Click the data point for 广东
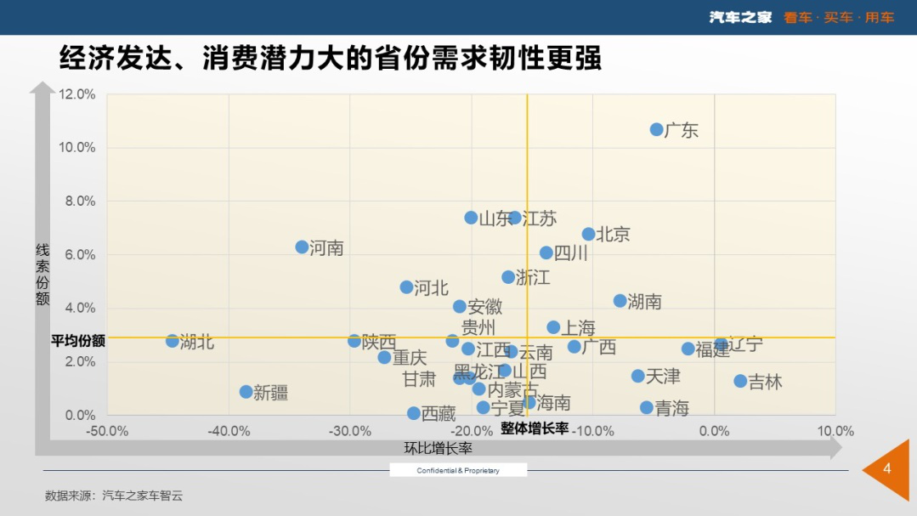tap(657, 129)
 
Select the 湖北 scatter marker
tap(173, 341)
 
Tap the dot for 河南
tap(302, 247)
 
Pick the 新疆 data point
tap(246, 392)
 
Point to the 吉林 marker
tap(740, 381)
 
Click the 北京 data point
tap(588, 234)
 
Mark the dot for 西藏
tap(414, 413)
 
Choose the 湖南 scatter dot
tap(620, 301)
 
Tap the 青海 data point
tap(647, 408)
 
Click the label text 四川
tap(571, 253)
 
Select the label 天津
tap(663, 377)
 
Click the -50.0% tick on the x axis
tap(107, 431)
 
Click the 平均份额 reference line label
tap(78, 341)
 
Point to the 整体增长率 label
tap(535, 428)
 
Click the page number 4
tap(887, 469)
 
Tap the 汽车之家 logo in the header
tap(740, 17)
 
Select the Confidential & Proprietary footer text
tap(458, 470)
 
